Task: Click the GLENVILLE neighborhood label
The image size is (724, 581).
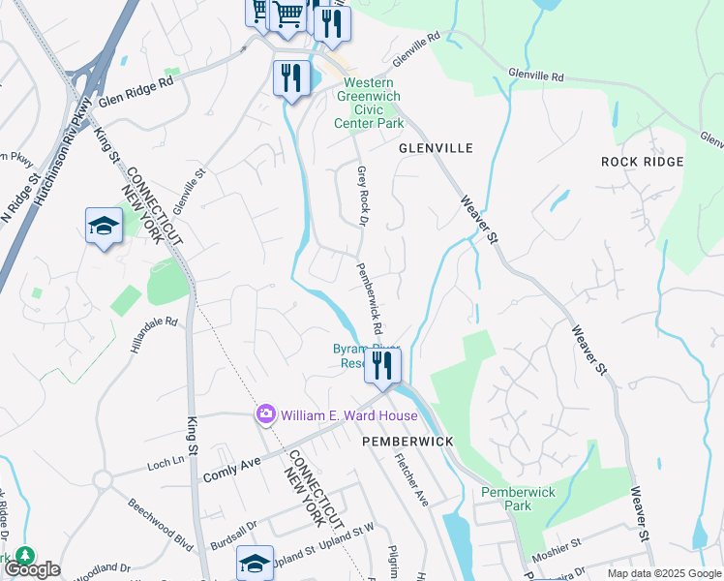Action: pos(436,148)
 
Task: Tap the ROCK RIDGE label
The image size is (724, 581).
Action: pos(642,162)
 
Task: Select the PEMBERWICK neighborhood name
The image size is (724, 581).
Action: pos(407,441)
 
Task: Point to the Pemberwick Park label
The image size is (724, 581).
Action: pos(519,499)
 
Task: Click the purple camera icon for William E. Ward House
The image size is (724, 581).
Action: pos(265,414)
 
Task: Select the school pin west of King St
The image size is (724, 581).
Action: pos(104,227)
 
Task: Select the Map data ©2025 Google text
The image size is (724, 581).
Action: pos(662,573)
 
